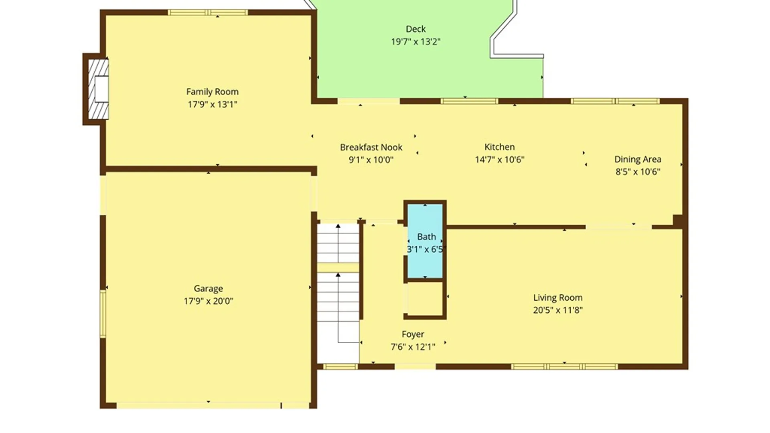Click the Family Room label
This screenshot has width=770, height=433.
point(212,92)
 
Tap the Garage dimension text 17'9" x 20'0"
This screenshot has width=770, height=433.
point(209,301)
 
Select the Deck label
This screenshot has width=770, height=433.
point(416,29)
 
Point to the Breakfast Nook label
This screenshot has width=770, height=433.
point(371,147)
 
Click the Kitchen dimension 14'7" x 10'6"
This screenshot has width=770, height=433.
point(500,160)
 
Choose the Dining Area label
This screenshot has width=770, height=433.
point(638,159)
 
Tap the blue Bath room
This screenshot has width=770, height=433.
point(425,241)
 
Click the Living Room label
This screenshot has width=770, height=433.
point(558,297)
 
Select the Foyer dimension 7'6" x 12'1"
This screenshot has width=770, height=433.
point(413,347)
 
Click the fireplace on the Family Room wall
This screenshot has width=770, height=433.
point(98,89)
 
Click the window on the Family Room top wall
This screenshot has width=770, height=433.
point(208,12)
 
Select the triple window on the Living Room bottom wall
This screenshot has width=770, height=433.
point(564,366)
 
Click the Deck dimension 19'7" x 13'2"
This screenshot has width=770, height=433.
point(416,41)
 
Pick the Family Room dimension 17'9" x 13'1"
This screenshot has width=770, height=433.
point(213,104)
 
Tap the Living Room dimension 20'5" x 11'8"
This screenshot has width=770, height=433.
point(558,310)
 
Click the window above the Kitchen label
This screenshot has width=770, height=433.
point(469,101)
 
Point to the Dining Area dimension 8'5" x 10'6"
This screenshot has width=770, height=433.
point(638,172)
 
